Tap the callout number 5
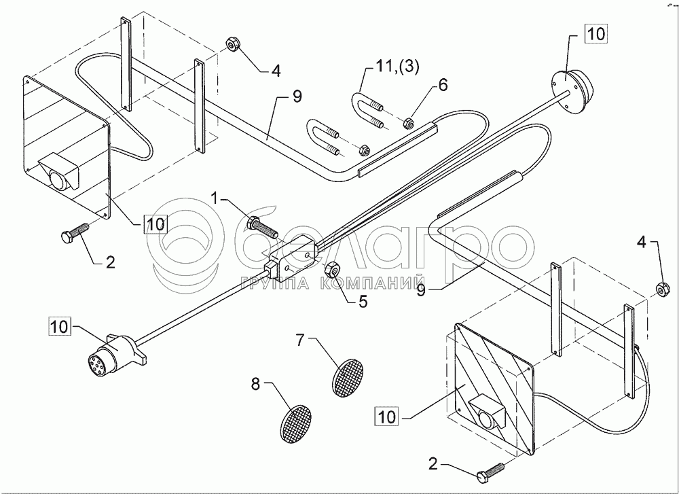click(x=363, y=302)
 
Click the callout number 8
click(x=256, y=384)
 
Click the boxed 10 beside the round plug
click(x=59, y=326)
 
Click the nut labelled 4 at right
click(x=660, y=289)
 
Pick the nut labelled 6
click(x=409, y=124)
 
